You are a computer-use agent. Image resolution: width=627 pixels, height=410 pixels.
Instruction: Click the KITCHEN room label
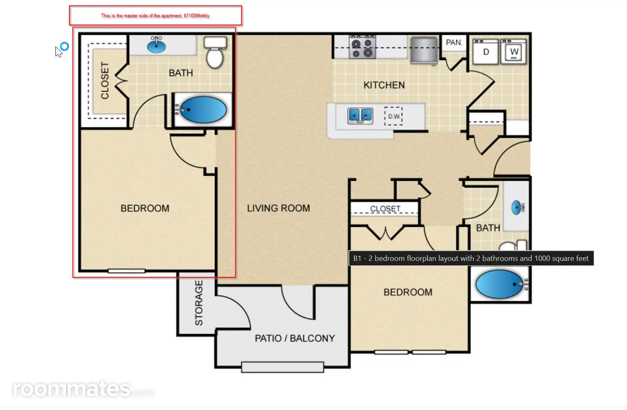tap(384, 85)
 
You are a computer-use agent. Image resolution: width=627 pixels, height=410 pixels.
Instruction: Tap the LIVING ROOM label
tap(279, 208)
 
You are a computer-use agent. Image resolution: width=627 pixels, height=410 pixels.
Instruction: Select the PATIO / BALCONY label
tap(295, 338)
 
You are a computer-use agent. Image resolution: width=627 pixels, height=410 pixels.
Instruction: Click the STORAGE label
tap(199, 303)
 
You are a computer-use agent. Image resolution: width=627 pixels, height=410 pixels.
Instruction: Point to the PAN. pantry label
tap(454, 43)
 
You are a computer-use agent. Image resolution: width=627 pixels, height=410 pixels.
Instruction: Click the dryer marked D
tap(485, 52)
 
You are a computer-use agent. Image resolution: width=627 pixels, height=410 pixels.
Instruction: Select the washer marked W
tap(514, 52)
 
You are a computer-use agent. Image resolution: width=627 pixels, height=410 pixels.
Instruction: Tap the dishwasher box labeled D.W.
tap(393, 116)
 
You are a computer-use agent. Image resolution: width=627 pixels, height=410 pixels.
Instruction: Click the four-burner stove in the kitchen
tap(362, 47)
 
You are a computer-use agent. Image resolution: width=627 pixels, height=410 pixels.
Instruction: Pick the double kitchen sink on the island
tap(360, 116)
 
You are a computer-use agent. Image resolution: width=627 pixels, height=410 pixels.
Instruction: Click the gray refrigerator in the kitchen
tap(424, 50)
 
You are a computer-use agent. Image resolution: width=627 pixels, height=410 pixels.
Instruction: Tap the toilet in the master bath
tap(215, 52)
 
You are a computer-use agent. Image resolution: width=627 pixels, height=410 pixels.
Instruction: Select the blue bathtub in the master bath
tap(203, 110)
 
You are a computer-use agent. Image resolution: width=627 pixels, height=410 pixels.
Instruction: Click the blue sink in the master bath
tap(156, 46)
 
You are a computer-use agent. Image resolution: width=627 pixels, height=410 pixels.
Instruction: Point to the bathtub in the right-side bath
tap(500, 284)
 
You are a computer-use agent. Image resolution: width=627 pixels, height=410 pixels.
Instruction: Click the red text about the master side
tap(155, 16)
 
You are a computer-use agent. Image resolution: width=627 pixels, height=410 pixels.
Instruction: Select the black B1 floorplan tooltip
tap(471, 258)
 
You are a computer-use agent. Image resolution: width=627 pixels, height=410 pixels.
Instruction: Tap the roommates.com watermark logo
tap(83, 389)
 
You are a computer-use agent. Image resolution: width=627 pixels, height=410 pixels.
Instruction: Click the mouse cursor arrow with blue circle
tap(62, 49)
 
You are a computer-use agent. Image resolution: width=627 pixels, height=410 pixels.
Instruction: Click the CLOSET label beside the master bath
tap(105, 81)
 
